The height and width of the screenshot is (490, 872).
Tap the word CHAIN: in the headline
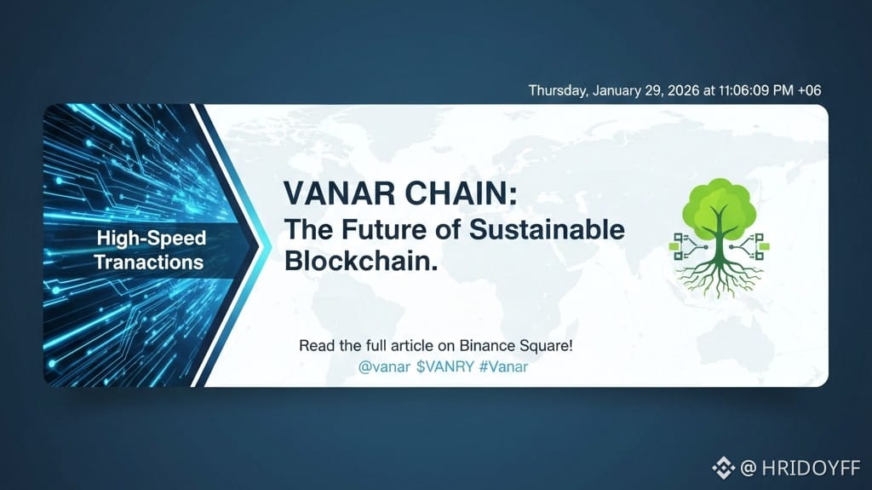[x=461, y=193]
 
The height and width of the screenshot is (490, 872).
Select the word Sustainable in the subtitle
[x=547, y=229]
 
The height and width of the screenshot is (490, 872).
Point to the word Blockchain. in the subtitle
[x=361, y=260]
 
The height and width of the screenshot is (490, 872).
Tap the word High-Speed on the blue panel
[x=152, y=239]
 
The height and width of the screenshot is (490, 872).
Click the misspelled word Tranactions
[x=148, y=262]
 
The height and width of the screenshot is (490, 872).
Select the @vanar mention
[x=384, y=367]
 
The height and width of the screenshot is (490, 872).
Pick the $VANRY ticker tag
[x=445, y=367]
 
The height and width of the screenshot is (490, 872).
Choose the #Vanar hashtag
[x=503, y=367]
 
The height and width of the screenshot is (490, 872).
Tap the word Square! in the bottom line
[x=546, y=346]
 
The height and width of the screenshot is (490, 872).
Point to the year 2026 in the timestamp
[x=684, y=90]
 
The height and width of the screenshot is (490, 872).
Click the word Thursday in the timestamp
[x=559, y=91]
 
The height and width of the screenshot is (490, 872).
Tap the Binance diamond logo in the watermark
[x=724, y=468]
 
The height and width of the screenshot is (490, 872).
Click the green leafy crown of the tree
[x=719, y=203]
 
